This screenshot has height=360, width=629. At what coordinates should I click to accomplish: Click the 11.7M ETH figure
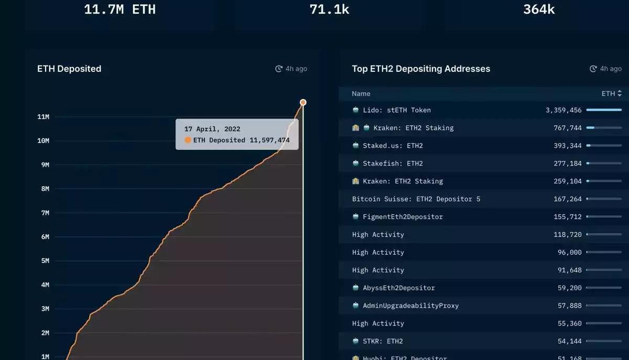[x=120, y=9]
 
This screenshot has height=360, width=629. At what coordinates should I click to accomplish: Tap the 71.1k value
[x=329, y=9]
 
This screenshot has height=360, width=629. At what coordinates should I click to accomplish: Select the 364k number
[x=539, y=9]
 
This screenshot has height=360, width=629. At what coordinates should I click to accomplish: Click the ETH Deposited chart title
[x=69, y=69]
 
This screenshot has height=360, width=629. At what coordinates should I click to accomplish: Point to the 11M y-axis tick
[x=43, y=117]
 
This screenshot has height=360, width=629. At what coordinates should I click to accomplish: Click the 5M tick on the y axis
[x=45, y=261]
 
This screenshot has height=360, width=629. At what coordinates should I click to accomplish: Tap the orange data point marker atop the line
[x=303, y=102]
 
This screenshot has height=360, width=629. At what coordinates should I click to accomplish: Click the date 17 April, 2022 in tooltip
[x=212, y=129]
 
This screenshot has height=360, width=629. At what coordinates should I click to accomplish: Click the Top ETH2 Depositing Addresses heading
[x=421, y=69]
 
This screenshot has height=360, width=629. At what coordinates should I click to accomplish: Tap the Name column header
[x=361, y=94]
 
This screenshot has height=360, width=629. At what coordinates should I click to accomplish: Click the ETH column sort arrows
[x=620, y=94]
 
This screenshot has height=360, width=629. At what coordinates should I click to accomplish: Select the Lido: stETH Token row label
[x=396, y=110]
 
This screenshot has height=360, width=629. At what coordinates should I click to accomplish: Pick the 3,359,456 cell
[x=563, y=110]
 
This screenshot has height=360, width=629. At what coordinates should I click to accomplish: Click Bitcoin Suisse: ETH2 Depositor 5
[x=416, y=199]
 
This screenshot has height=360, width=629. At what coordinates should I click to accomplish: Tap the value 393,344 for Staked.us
[x=568, y=146]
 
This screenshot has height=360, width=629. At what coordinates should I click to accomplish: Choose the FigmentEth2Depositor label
[x=403, y=217]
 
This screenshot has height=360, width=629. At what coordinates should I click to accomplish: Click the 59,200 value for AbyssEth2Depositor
[x=570, y=288]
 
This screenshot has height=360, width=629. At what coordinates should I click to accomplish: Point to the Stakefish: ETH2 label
[x=393, y=163]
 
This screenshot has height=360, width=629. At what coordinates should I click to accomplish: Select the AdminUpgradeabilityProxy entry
[x=410, y=306]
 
